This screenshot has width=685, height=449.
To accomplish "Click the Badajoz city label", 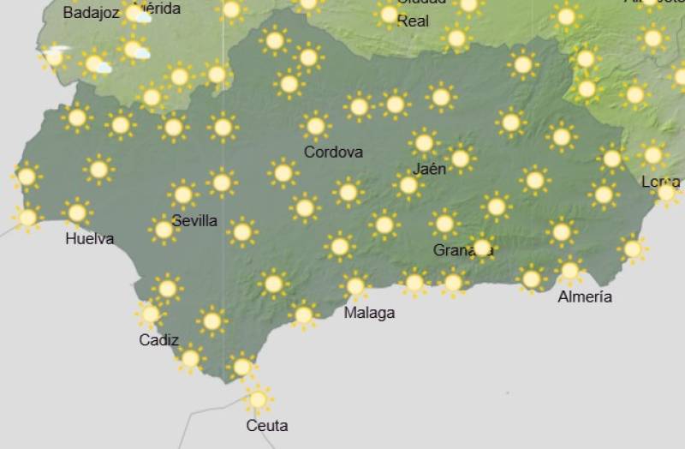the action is pyautogui.click(x=91, y=13).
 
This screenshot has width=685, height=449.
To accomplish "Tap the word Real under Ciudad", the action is pyautogui.click(x=413, y=21).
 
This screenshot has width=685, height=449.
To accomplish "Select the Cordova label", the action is pyautogui.click(x=333, y=152).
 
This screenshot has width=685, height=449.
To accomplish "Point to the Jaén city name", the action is pyautogui.click(x=428, y=169).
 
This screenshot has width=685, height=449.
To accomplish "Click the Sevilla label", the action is pyautogui.click(x=194, y=220).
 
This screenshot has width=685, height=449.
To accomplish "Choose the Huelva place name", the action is pyautogui.click(x=89, y=239).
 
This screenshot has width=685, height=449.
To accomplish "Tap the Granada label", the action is pyautogui.click(x=462, y=250).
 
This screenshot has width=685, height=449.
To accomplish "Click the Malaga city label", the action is pyautogui.click(x=369, y=313).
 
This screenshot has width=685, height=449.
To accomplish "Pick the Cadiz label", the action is pyautogui.click(x=158, y=340).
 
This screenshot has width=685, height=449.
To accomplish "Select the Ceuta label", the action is pyautogui.click(x=266, y=425).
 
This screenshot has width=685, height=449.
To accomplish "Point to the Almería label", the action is pyautogui.click(x=585, y=296).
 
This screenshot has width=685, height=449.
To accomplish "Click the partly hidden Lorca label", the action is pyautogui.click(x=660, y=182).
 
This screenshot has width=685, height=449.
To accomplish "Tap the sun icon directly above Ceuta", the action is pyautogui.click(x=258, y=398).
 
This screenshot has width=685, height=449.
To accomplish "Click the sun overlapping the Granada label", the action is pyautogui.click(x=482, y=248).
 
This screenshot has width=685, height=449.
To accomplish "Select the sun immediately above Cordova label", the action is pyautogui.click(x=315, y=126).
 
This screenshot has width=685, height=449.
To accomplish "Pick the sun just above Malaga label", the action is pyautogui.click(x=354, y=285).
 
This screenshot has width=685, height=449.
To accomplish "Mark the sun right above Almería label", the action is pyautogui.click(x=569, y=271).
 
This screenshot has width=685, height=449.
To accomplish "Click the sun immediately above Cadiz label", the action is pyautogui.click(x=151, y=314).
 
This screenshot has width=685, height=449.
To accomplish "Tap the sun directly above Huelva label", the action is pyautogui.click(x=77, y=212).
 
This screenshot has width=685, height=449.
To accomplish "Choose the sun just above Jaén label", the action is pyautogui.click(x=423, y=142).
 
